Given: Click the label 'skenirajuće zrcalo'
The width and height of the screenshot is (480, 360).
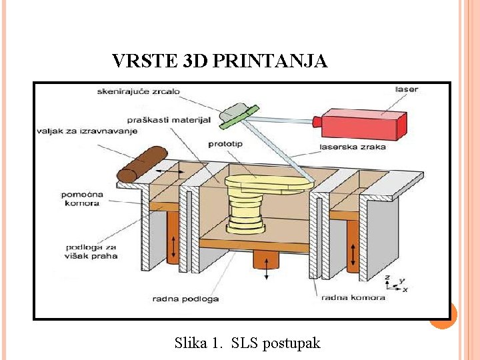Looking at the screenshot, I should point(138,91).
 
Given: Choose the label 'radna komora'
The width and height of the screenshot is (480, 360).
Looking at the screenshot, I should point(353,297).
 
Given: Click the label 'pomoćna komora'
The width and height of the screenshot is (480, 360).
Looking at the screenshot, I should point(81,198).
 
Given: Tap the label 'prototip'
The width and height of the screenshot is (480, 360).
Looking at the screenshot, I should point(226,144).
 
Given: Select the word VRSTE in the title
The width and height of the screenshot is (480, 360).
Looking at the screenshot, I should point(139,61).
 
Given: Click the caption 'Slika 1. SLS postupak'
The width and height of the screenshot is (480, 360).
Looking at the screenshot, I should point(247,343).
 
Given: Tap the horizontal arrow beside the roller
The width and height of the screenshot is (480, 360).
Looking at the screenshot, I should point(172,172).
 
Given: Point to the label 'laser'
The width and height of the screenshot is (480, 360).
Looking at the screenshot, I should point(407,89).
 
